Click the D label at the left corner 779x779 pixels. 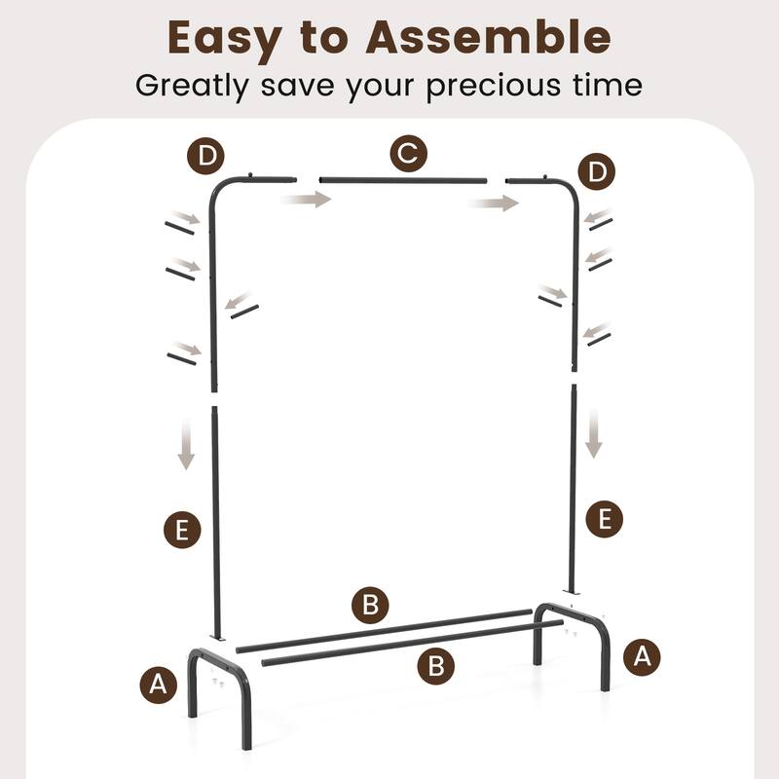(205, 155)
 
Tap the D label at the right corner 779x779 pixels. (596, 172)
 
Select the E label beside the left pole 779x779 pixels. (181, 531)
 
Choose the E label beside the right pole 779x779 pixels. (605, 517)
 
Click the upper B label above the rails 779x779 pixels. (370, 605)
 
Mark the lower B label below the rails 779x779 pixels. (436, 666)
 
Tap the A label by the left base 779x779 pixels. (159, 686)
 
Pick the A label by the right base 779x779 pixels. (641, 655)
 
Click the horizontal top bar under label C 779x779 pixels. (402, 180)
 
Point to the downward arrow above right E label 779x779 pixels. (594, 432)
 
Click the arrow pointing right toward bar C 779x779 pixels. (306, 200)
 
